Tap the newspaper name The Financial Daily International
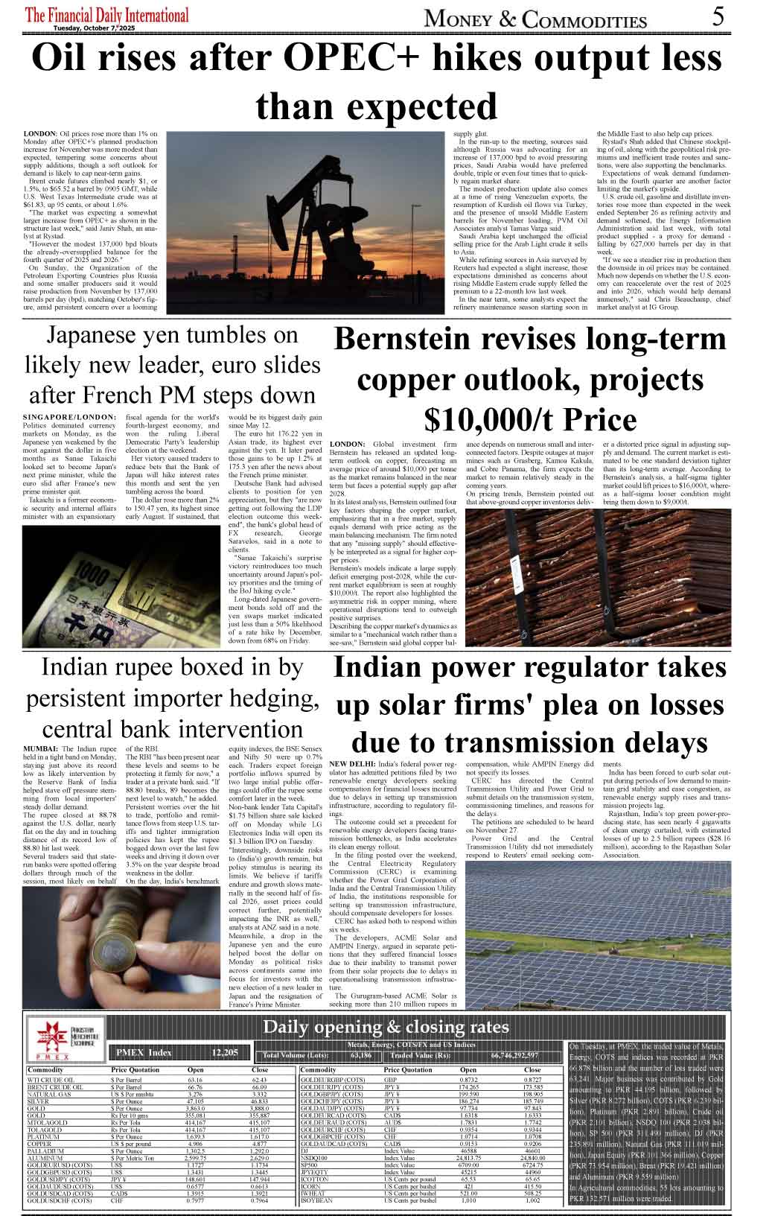(x=107, y=15)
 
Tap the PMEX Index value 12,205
(x=225, y=1052)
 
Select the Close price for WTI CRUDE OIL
(x=258, y=1079)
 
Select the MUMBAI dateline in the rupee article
(x=40, y=748)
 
